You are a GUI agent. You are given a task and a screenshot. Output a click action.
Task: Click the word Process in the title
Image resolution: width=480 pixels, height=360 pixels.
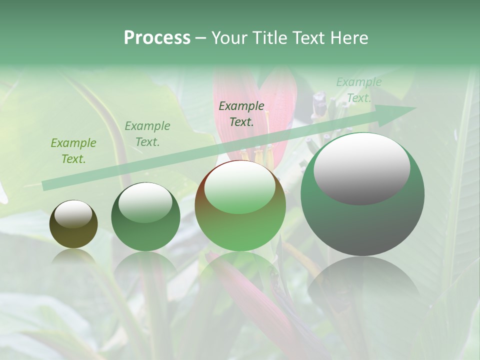coord(157,38)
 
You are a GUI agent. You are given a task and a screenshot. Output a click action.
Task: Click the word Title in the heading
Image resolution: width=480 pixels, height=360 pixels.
coord(271,38)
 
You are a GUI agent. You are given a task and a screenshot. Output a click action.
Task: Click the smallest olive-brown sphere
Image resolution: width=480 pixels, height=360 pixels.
coord(73,224)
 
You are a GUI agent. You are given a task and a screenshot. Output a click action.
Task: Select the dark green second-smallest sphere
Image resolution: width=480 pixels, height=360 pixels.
coord(145,217)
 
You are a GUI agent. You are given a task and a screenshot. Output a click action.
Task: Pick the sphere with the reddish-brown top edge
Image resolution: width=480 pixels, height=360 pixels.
coord(240,205)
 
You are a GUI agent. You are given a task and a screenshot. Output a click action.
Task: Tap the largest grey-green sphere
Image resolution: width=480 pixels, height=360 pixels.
coord(362,194)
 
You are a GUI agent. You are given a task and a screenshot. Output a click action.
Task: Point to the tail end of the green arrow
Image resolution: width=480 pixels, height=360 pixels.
coord(45,185)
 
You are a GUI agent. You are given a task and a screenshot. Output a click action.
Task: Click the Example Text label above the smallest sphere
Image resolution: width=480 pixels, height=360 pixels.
coord(73,151)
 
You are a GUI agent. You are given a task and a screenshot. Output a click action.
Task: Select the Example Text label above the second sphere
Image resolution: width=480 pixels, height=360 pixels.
coord(147,134)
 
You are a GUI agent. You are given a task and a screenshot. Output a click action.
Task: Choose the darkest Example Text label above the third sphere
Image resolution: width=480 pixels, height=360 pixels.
coord(241,113)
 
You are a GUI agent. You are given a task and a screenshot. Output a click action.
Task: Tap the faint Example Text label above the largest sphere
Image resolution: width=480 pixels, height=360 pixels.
coord(359,90)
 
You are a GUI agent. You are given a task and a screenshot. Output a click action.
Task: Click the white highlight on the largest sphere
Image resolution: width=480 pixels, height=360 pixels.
coord(361,168)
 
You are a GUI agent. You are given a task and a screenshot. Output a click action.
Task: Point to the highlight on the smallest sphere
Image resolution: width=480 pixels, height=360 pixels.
coord(73,214)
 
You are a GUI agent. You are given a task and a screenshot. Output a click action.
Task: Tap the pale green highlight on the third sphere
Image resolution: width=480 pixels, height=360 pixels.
coord(240,187)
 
